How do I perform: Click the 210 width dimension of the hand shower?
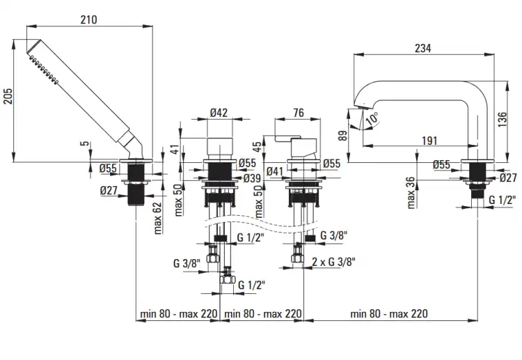(89, 19)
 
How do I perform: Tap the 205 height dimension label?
(8, 96)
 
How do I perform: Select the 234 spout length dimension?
(422, 48)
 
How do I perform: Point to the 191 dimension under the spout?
(429, 141)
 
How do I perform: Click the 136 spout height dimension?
(503, 119)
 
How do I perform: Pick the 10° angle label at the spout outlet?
(372, 118)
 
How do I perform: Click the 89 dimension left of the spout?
(342, 136)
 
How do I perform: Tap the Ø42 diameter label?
(219, 113)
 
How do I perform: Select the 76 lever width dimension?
(299, 113)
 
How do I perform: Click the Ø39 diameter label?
(252, 178)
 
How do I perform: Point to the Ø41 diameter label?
(275, 171)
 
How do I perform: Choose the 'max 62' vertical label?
(157, 218)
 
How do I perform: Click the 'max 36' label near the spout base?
(411, 193)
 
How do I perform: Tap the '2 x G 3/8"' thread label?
(333, 262)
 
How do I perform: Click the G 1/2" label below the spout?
(503, 200)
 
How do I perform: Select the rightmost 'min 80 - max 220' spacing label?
(389, 313)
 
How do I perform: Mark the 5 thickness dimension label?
(86, 143)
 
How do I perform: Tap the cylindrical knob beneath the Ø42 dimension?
(219, 146)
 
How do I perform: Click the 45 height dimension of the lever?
(258, 147)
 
